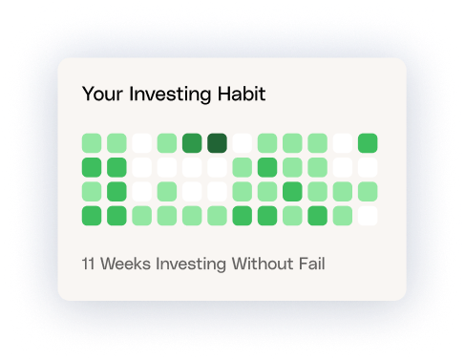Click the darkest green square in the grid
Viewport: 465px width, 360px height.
[217, 143]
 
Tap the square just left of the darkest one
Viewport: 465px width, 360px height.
[192, 143]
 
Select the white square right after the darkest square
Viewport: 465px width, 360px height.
[243, 143]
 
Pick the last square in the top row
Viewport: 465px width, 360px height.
[368, 143]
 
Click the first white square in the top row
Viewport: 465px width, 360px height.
[141, 143]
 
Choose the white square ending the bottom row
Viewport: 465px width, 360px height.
[368, 216]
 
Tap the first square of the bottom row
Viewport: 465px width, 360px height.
[92, 216]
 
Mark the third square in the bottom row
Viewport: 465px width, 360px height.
[141, 216]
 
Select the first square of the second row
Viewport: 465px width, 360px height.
[92, 167]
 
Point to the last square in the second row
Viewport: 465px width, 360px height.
[368, 167]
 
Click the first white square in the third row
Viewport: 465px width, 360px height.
[141, 191]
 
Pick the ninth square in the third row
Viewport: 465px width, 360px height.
[292, 191]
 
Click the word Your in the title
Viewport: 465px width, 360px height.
[102, 94]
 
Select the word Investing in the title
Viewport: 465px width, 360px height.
[170, 95]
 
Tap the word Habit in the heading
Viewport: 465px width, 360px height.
[242, 94]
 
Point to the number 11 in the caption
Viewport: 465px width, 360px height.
[89, 264]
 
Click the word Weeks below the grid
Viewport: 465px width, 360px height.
[125, 264]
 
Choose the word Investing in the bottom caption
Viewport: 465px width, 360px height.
[191, 265]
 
